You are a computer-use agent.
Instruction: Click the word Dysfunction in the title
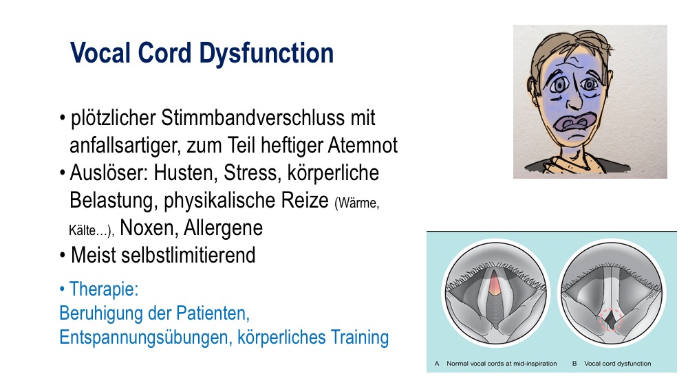266,54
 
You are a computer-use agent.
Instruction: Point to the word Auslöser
109,173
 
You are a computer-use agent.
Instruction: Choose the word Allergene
223,228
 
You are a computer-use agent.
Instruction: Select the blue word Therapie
104,289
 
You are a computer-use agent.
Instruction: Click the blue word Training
359,338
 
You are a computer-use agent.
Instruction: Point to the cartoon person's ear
533,91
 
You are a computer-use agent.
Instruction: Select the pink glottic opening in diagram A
495,285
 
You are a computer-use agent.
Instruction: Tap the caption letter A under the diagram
437,364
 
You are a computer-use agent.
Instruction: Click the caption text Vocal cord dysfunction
617,364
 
